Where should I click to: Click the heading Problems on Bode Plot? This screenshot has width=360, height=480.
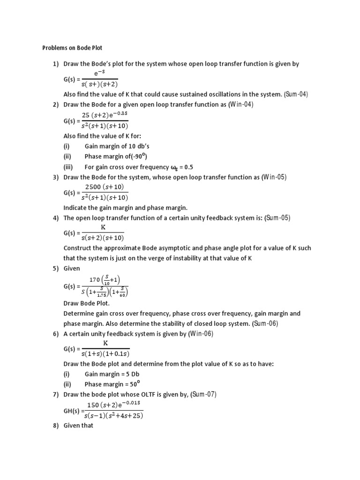tap(72, 48)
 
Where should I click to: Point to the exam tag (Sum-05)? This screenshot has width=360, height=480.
tap(277, 217)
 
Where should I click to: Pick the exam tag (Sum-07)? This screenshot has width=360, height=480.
tap(203, 395)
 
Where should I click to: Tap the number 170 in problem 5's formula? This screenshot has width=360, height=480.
tap(95, 280)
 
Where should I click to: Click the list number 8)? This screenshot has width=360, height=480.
tap(56, 426)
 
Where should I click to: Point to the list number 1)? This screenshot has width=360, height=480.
tap(56, 64)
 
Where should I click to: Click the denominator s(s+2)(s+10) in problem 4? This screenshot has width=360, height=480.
tap(103, 238)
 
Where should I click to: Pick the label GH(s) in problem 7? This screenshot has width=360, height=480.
tap(72, 410)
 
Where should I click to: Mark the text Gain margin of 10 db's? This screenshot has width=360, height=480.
tap(117, 146)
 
